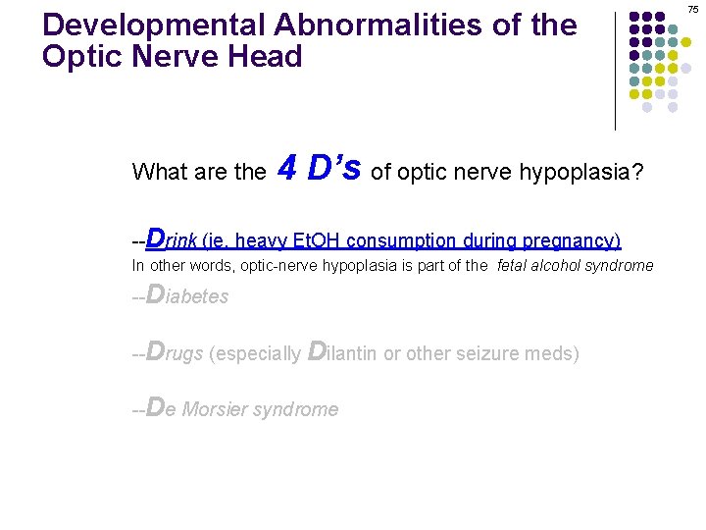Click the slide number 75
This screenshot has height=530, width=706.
(692, 9)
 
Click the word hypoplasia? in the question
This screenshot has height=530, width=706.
(589, 174)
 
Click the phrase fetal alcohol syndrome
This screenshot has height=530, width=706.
(575, 266)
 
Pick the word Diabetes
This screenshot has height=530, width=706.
(186, 295)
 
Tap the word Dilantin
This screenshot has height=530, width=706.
(342, 352)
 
